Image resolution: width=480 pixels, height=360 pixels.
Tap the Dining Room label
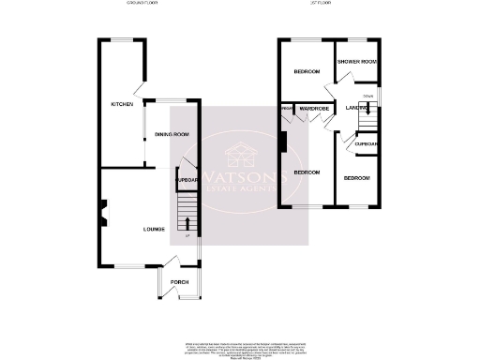(172, 135)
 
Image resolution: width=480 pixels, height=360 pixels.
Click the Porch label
(179, 282)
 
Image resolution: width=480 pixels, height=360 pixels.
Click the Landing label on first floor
(356, 108)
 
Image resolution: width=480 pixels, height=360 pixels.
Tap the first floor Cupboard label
(365, 143)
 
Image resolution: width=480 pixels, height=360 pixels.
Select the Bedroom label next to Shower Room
(307, 72)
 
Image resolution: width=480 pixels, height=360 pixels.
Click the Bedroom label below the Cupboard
(356, 177)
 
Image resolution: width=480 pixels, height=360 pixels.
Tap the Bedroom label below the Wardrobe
(307, 173)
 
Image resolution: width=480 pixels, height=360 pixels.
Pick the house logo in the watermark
(242, 151)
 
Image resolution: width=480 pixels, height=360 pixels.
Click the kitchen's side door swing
(139, 89)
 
